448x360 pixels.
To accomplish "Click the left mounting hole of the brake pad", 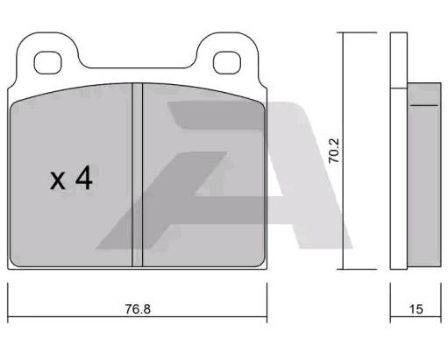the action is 48,62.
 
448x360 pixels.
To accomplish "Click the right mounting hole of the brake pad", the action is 227,62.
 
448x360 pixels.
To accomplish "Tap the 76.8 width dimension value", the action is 138,309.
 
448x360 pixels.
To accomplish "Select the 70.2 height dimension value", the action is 333,151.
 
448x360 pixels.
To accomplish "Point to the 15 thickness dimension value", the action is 416,309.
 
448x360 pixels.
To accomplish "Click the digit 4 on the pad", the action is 84,179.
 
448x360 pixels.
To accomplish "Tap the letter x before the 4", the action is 58,181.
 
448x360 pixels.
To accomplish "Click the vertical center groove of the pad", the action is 138,174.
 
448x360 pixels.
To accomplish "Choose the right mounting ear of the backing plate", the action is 227,54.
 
